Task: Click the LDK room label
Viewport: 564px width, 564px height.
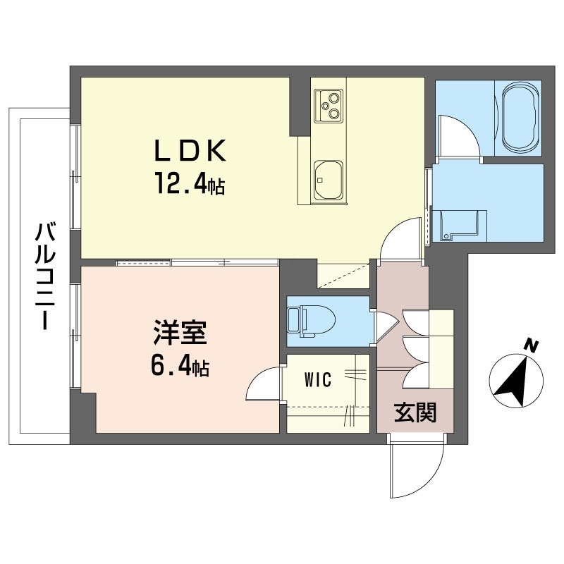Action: (x=190, y=150)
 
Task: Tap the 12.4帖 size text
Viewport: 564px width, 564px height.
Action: (x=190, y=183)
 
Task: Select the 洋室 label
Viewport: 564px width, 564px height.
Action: (x=180, y=332)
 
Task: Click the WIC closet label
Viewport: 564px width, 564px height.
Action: (x=318, y=380)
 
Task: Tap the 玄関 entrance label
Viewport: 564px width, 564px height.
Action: (x=415, y=412)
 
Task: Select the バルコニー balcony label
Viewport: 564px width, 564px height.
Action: (x=45, y=276)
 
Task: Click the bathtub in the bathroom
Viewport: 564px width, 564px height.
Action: (x=518, y=118)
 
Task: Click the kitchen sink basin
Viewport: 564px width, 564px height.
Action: (x=328, y=180)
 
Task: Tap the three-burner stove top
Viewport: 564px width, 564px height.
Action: (x=328, y=106)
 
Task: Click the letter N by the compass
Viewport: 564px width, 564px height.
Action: (x=531, y=345)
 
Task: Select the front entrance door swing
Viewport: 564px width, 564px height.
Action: (x=417, y=466)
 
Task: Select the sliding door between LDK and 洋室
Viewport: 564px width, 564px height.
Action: (x=197, y=262)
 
